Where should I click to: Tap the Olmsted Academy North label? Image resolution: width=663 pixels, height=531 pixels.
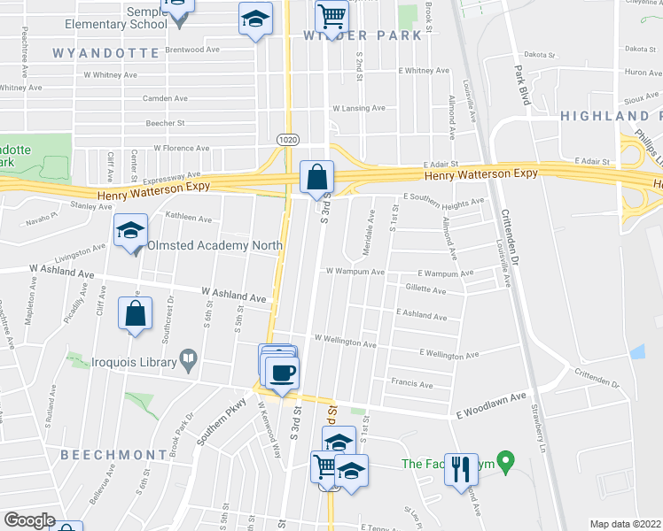(214, 245)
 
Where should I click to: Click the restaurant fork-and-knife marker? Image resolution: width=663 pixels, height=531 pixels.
(459, 468)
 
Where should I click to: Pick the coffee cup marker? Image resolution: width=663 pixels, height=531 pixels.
(283, 373)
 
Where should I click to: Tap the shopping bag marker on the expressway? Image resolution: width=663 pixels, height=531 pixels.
(316, 178)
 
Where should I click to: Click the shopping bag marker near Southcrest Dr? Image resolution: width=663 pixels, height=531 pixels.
(134, 314)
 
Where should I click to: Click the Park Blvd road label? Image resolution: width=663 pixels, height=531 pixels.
(521, 85)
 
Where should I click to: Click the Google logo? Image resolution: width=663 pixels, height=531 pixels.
(30, 520)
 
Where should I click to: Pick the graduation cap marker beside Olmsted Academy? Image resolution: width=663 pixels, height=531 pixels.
(130, 232)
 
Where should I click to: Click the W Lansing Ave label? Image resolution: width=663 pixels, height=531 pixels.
(359, 108)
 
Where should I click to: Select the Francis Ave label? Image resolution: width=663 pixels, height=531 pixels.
(411, 384)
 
